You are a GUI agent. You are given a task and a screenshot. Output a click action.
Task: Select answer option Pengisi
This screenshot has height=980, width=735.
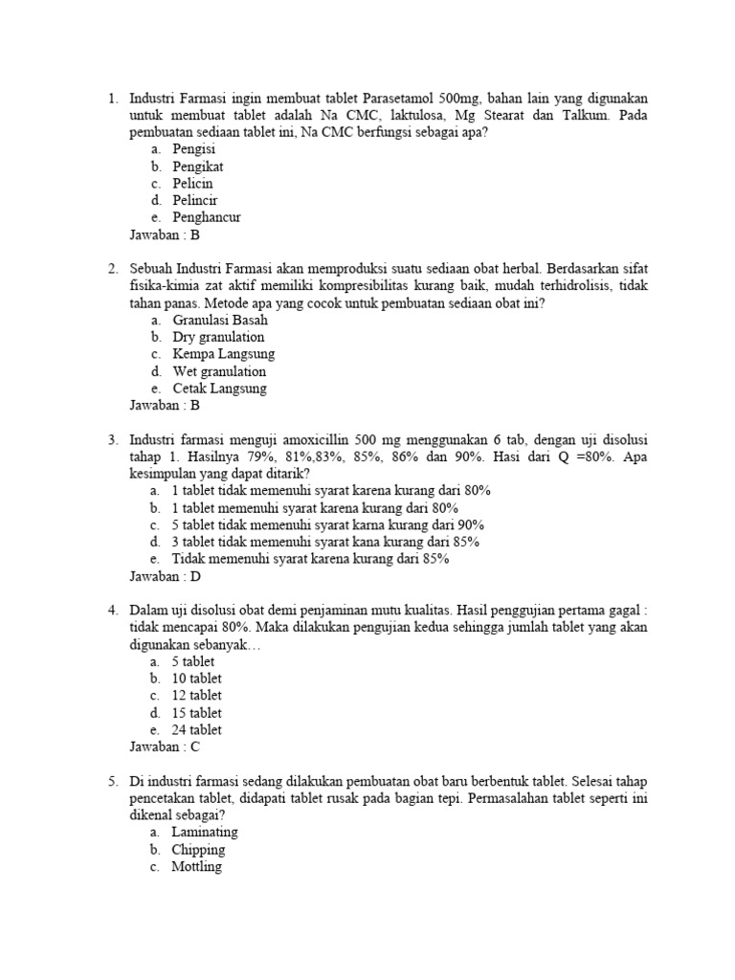click(x=193, y=149)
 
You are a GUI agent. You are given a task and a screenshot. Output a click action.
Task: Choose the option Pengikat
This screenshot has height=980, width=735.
click(x=198, y=167)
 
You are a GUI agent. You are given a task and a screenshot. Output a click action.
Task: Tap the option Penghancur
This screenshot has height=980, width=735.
click(x=207, y=217)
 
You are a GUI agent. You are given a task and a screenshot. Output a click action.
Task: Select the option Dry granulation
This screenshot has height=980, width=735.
click(x=218, y=337)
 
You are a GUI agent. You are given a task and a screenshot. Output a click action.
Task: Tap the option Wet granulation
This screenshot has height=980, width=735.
click(x=219, y=371)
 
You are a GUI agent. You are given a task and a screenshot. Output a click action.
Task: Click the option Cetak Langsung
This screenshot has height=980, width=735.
click(x=219, y=389)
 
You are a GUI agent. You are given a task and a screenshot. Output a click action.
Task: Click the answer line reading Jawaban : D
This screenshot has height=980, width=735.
click(x=165, y=576)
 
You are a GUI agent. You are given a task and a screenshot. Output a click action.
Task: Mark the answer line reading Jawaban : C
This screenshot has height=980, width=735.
click(x=165, y=746)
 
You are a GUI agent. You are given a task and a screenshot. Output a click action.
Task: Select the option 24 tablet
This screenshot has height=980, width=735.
click(x=196, y=729)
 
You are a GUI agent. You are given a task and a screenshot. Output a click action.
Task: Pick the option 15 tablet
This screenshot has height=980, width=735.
click(x=196, y=712)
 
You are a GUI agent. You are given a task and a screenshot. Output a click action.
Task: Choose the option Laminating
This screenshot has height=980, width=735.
click(x=205, y=832)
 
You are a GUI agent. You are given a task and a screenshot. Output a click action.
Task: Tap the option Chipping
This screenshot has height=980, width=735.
click(x=198, y=849)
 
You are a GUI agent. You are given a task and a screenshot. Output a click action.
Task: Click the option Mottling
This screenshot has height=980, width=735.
click(x=196, y=866)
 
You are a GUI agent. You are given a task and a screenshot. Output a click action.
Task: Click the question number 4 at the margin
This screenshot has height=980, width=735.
click(x=112, y=610)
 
